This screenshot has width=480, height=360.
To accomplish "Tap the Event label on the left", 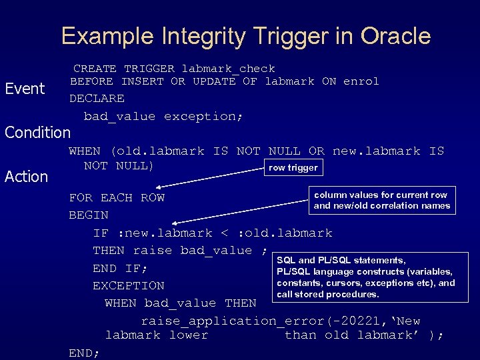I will coord(25,89).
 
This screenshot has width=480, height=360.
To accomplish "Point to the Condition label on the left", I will coord(37,132).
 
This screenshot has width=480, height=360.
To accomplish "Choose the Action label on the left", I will coord(27,177).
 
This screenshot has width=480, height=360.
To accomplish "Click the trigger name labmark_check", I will coord(229,69).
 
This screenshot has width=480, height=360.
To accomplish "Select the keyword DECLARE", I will coord(97,99).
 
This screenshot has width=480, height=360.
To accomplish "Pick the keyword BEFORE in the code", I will coord(91,81).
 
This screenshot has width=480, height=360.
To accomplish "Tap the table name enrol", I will coord(361,81).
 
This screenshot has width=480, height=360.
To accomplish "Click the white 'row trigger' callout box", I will coord(293,167).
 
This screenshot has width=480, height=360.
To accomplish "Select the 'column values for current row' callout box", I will coord(382,200).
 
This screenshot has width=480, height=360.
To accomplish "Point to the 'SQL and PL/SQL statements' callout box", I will coord(365,277).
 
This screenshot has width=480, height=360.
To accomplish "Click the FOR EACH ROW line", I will coord(117,198).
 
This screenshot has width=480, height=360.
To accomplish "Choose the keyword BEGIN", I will coord(89,215).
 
